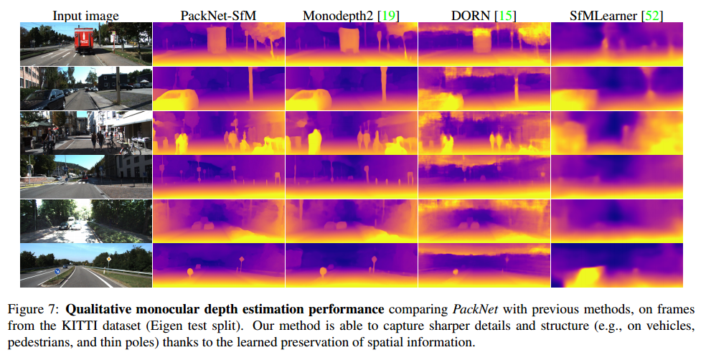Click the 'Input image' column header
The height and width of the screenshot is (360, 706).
pyautogui.click(x=85, y=14)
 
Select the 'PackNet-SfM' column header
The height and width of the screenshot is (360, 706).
pyautogui.click(x=218, y=14)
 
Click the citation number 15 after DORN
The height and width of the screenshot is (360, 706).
pyautogui.click(x=507, y=14)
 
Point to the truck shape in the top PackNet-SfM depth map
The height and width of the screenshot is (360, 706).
pyautogui.click(x=216, y=42)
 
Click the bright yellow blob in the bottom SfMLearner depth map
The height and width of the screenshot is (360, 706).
pyautogui.click(x=590, y=275)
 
